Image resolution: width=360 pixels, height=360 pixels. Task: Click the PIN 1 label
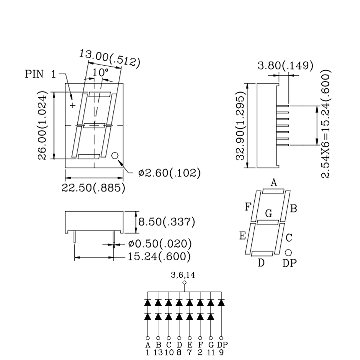(40, 74)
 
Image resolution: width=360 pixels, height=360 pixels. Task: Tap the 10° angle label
(100, 73)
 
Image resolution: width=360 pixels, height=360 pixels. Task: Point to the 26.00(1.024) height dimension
(42, 125)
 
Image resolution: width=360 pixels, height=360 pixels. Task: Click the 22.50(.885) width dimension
(93, 188)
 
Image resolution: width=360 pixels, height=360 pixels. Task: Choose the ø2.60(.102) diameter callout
(169, 173)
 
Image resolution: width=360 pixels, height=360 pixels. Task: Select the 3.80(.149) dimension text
(285, 66)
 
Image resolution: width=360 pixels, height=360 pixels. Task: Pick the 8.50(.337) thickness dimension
(166, 222)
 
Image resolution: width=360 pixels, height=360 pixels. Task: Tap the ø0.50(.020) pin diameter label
(160, 244)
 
